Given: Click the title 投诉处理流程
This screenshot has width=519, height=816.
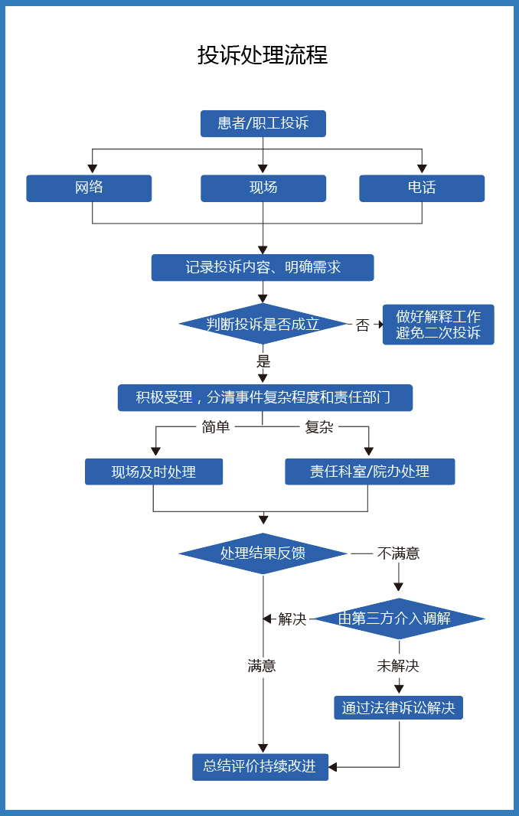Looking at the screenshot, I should click(263, 55).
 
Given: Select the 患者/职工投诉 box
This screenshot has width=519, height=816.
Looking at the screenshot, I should click(263, 123).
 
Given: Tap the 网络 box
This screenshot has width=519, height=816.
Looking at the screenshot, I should click(89, 188).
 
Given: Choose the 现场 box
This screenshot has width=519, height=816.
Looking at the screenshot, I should click(263, 188).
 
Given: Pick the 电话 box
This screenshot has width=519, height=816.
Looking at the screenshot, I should click(422, 188).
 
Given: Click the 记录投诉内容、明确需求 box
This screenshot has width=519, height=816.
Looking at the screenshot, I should click(263, 268).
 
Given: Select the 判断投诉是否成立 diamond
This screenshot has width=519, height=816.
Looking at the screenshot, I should click(263, 324).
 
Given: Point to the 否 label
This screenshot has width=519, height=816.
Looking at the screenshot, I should click(362, 325).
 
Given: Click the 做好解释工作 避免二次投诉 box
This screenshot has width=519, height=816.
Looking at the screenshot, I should click(438, 325).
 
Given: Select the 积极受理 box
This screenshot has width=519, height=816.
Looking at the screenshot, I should click(265, 398).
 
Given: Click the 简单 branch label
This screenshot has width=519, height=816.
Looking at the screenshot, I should click(215, 427).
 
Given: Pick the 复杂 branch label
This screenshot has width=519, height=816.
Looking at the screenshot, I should click(319, 427).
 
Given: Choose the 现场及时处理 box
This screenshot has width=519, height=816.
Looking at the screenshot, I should click(153, 472).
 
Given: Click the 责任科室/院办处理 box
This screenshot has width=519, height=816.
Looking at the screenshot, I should click(370, 472).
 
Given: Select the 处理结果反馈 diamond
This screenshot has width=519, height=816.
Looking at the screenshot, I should click(263, 553).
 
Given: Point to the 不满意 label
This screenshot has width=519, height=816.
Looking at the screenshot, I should click(398, 553).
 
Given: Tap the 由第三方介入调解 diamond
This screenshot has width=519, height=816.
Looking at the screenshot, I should click(398, 619).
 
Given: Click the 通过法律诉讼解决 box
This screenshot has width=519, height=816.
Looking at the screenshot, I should click(398, 708).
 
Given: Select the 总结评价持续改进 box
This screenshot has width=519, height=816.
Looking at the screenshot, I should click(260, 766).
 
